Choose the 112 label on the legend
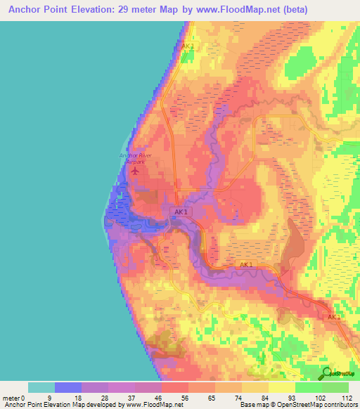[x=347, y=397]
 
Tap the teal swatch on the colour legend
[x=41, y=387]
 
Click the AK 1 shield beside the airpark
[x=181, y=212]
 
